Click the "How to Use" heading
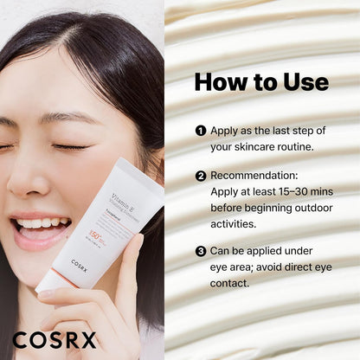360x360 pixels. click(261, 82)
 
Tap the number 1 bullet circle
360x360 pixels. click(201, 131)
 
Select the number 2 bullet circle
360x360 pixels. click(201, 175)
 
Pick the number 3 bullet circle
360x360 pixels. click(201, 252)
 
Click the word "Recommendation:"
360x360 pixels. click(255, 175)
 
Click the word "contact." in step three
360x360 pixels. click(233, 284)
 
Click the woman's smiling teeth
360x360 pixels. click(40, 224)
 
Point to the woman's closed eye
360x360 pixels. click(72, 147)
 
